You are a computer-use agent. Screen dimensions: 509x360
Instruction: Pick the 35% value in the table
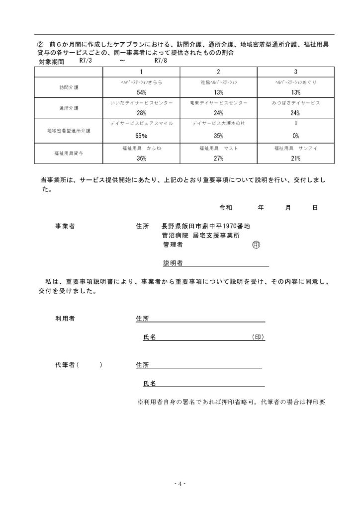pyautogui.click(x=218, y=136)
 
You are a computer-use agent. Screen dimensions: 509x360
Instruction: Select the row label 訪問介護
pyautogui.click(x=68, y=87)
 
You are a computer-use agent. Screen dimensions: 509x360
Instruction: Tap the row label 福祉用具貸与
pyautogui.click(x=68, y=154)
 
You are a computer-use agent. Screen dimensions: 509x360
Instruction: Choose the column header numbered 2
pyautogui.click(x=218, y=72)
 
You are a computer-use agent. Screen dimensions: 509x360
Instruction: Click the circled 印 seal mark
pyautogui.click(x=257, y=245)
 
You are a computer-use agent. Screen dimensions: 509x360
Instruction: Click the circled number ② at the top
pyautogui.click(x=42, y=44)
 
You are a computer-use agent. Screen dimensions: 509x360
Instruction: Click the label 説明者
pyautogui.click(x=172, y=263)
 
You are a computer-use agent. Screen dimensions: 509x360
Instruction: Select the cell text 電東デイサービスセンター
pyautogui.click(x=218, y=103)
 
